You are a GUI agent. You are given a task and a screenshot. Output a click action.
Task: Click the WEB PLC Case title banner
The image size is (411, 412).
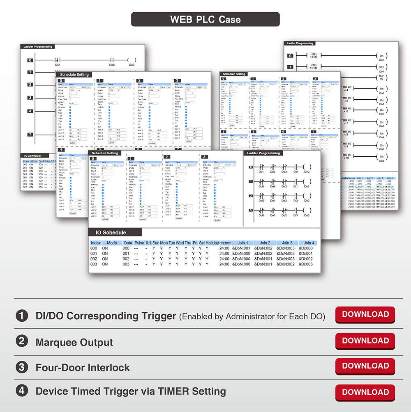205,19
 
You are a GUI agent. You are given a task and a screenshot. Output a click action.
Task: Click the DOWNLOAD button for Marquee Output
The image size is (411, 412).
365,341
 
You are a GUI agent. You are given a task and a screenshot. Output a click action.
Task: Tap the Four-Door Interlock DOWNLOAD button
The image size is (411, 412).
365,366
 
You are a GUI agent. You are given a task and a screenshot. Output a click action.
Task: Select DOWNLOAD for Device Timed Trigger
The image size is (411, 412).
365,392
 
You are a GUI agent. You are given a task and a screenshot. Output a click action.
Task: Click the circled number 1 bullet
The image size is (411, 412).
21,316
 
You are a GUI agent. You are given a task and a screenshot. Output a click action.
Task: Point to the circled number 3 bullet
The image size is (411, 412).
21,367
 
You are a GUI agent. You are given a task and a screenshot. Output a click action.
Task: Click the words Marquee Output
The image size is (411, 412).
74,342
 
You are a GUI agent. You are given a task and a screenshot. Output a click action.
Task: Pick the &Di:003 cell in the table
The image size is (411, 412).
306,264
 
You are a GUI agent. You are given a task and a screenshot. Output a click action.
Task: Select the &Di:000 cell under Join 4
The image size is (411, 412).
306,248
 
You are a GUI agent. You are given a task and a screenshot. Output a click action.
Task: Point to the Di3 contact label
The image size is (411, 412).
295,215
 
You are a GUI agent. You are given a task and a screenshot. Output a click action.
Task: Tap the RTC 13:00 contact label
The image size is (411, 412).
314,55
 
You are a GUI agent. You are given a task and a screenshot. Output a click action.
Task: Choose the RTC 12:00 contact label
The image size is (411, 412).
314,66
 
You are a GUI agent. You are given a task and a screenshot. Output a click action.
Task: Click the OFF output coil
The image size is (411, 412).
381,67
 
